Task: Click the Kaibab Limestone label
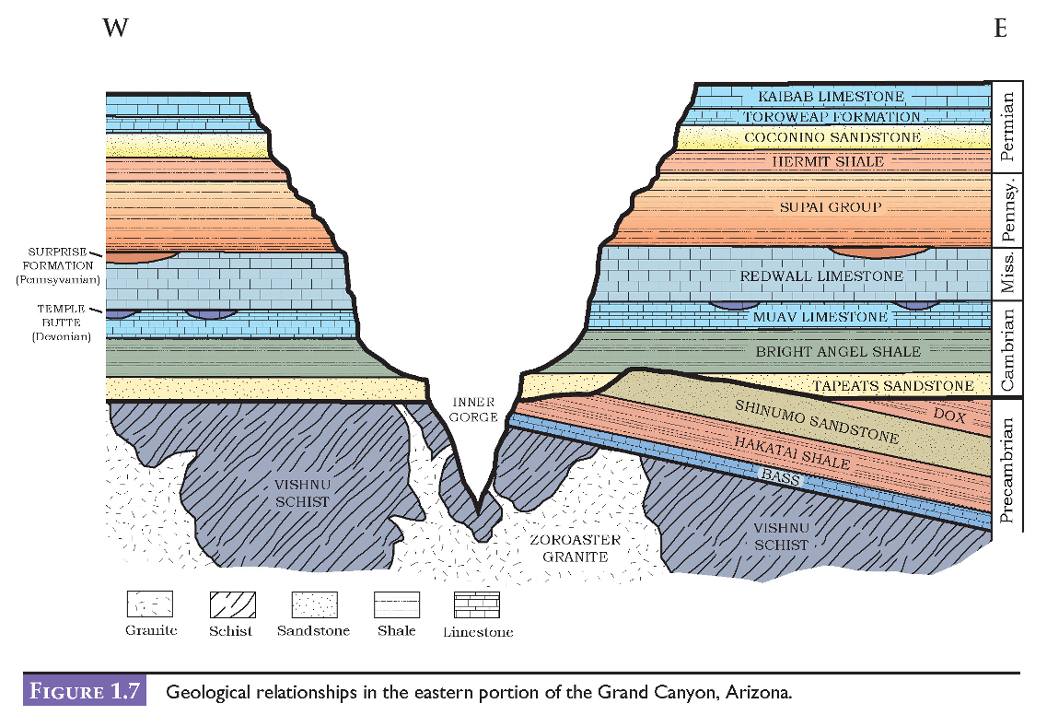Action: (832, 97)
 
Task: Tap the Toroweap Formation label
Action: (832, 117)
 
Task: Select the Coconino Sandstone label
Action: (832, 137)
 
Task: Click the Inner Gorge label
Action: (475, 410)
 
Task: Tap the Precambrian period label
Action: (1008, 471)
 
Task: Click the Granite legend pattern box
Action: (149, 605)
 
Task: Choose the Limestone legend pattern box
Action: (476, 605)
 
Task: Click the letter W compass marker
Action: (115, 28)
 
